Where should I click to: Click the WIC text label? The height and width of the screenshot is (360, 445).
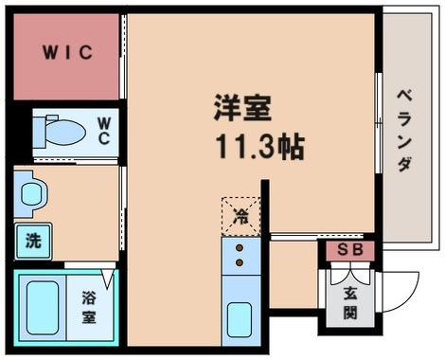[x=66, y=52]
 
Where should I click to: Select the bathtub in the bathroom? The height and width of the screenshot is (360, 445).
[x=40, y=307]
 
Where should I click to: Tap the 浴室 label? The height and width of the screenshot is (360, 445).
[x=88, y=308]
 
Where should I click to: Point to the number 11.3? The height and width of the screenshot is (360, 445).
[x=229, y=149]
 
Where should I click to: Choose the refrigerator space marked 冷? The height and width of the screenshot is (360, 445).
[x=241, y=215]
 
